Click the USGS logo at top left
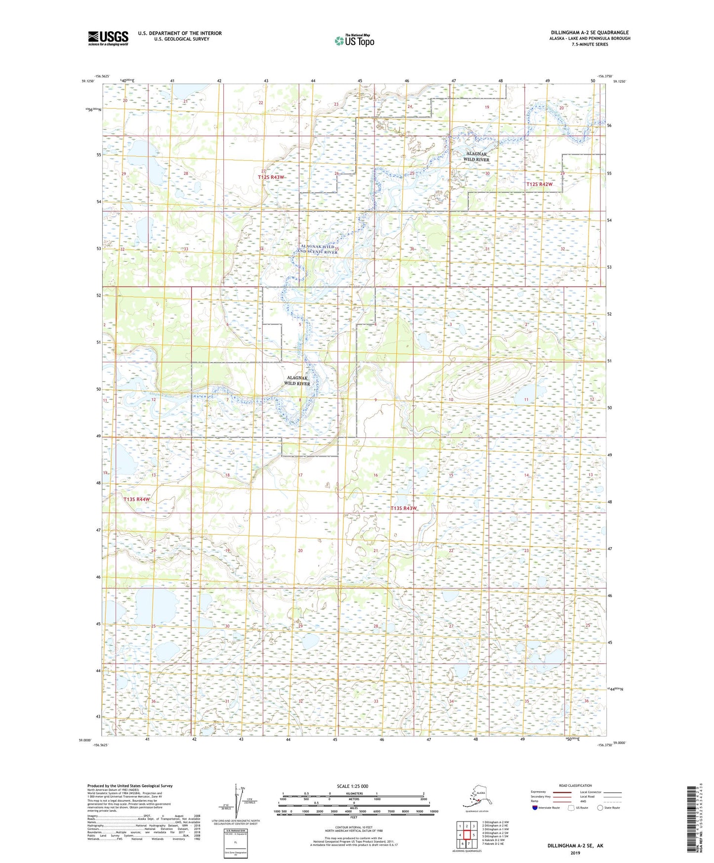coord(108,38)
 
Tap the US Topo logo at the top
coord(354,40)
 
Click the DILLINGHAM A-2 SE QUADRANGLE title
coord(590,33)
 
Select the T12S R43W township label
coord(271,177)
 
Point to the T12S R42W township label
coord(539,184)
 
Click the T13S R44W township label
coord(136,499)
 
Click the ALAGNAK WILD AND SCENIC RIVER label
coord(319,249)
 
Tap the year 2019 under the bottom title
coord(575,853)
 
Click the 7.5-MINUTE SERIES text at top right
coord(590,44)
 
